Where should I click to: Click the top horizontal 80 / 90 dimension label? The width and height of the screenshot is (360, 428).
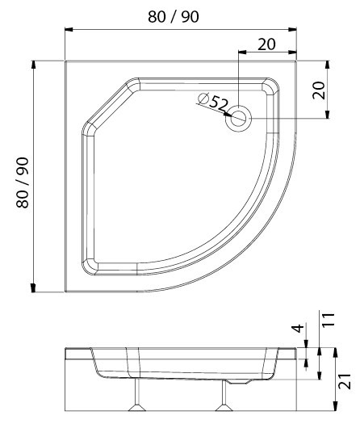point(174,17)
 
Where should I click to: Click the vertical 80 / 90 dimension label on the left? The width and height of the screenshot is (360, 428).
point(23,183)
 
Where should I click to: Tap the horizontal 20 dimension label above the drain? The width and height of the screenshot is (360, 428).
point(266,44)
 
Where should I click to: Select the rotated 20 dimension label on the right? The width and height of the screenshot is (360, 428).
point(319,90)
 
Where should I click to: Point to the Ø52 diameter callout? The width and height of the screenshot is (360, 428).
point(213,102)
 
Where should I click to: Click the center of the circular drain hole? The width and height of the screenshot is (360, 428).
point(238,119)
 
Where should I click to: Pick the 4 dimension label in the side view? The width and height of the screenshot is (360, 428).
point(299,328)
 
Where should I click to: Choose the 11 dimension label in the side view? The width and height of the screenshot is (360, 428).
point(329,319)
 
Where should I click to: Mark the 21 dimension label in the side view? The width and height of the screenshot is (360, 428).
point(345,381)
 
